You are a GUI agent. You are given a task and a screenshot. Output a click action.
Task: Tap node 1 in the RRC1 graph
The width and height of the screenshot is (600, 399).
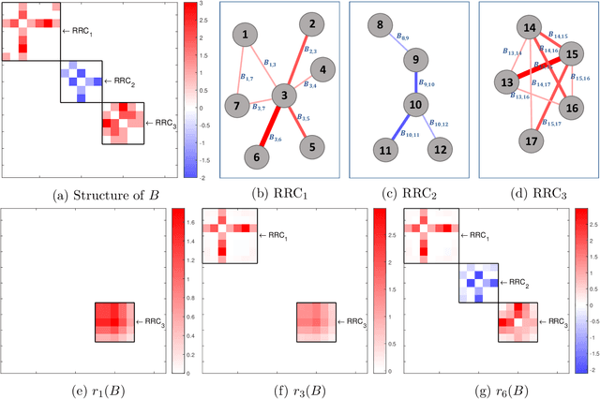coord(245,36)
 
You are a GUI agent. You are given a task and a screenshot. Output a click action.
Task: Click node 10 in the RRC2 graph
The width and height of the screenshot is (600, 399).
coord(416,103)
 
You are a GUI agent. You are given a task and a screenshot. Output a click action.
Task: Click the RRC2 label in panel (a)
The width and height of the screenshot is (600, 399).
coord(121,81)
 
